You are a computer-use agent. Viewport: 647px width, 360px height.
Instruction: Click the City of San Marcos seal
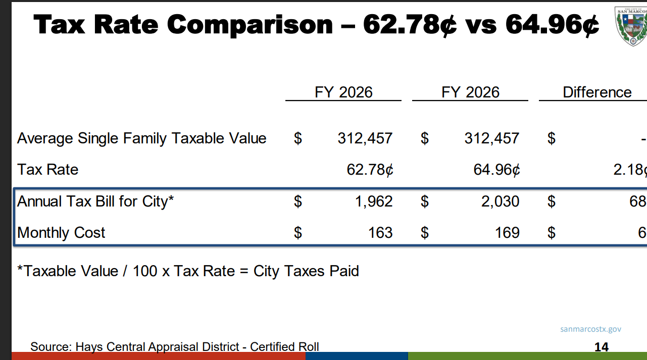tap(631, 26)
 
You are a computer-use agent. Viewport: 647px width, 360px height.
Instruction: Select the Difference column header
tap(596, 92)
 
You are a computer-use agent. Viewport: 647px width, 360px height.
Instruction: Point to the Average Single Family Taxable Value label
tap(142, 138)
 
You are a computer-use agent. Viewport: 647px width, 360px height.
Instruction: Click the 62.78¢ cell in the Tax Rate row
tap(370, 170)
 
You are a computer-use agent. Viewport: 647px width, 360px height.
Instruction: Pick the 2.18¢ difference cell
tap(629, 170)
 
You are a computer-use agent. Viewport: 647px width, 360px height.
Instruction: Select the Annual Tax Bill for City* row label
tap(95, 201)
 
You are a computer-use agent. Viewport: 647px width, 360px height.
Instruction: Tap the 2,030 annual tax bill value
tap(500, 201)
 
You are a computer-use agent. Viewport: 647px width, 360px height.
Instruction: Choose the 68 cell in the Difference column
tap(637, 201)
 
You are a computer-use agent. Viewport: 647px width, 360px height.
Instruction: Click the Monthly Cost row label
tap(61, 233)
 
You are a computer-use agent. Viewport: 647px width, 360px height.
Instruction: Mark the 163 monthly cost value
tap(380, 233)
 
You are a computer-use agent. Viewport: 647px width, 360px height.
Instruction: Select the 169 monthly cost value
tap(507, 233)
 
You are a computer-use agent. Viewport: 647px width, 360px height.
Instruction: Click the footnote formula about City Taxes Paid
tap(188, 271)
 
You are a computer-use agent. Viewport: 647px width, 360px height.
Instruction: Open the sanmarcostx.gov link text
tap(590, 329)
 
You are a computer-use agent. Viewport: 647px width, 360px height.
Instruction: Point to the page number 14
tap(601, 347)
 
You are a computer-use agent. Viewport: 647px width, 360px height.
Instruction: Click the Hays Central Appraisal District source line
tap(175, 347)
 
